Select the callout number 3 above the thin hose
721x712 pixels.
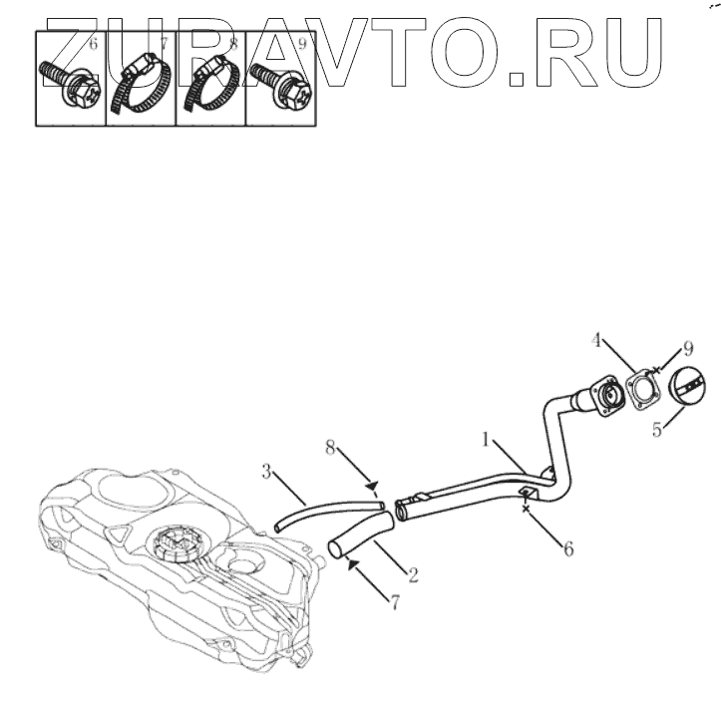coord(267,471)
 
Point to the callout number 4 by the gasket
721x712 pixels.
coord(595,340)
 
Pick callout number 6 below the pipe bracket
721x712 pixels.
coord(568,548)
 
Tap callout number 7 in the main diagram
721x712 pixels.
coord(394,603)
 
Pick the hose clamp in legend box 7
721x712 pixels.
coord(140,85)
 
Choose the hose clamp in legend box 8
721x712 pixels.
coord(210,85)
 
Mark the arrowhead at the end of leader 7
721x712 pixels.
coord(351,561)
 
